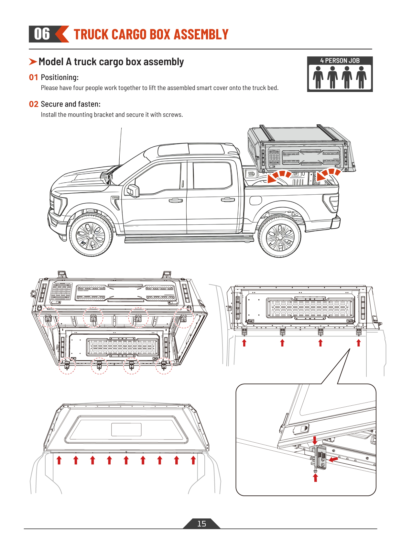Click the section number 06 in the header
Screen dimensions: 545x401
coord(42,34)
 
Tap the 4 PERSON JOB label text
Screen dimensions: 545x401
coord(340,61)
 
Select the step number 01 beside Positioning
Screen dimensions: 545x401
coord(33,77)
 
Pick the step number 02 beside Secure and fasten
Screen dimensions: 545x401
coord(33,104)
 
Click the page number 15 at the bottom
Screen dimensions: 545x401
coord(201,524)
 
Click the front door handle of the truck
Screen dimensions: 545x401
coord(176,201)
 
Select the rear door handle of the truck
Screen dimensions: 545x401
coord(228,199)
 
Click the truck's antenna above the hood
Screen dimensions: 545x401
coord(120,146)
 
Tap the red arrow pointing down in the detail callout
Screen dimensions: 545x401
coord(315,440)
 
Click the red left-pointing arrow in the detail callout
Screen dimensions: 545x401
coord(333,459)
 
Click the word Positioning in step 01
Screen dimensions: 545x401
coord(60,77)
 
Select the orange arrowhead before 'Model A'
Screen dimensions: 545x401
coord(33,62)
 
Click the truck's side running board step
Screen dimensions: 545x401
coord(189,239)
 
